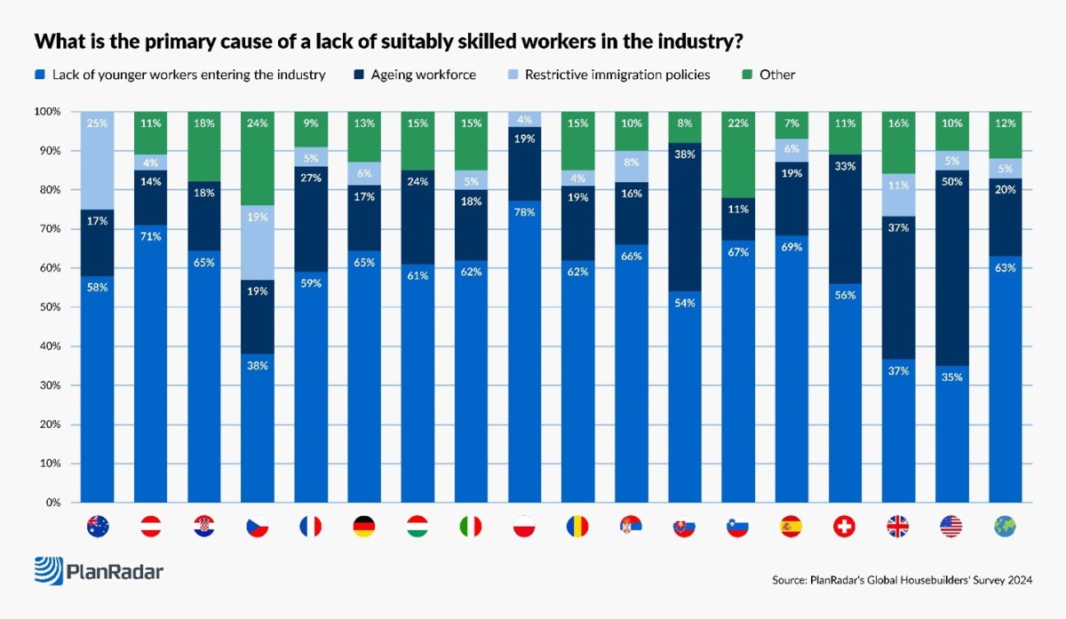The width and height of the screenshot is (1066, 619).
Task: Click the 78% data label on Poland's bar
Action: point(524,214)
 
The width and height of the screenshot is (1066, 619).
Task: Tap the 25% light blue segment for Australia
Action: point(98,160)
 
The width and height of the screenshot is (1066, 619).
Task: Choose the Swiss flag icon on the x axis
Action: point(844,527)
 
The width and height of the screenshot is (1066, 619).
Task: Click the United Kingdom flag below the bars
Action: point(897,527)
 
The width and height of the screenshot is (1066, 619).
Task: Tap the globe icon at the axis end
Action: point(1004,527)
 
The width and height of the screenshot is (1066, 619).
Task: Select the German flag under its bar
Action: point(364,527)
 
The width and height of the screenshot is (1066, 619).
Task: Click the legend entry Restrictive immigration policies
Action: point(617,75)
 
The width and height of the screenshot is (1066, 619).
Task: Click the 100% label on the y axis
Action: point(46,112)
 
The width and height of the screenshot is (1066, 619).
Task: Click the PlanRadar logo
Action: point(99,571)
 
